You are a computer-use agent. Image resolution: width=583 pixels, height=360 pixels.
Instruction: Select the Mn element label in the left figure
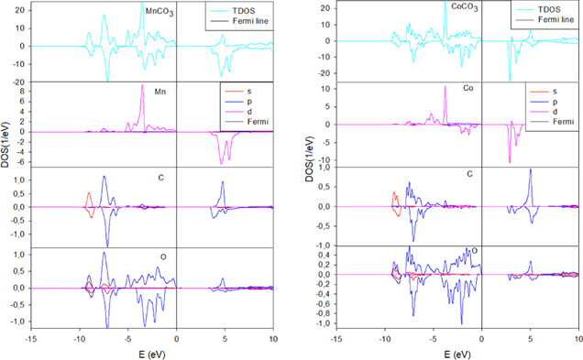pos(161,91)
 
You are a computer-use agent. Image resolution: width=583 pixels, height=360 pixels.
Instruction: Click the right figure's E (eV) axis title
pos(453,352)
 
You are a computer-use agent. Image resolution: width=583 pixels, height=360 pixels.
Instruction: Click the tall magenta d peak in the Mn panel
pos(142,86)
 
